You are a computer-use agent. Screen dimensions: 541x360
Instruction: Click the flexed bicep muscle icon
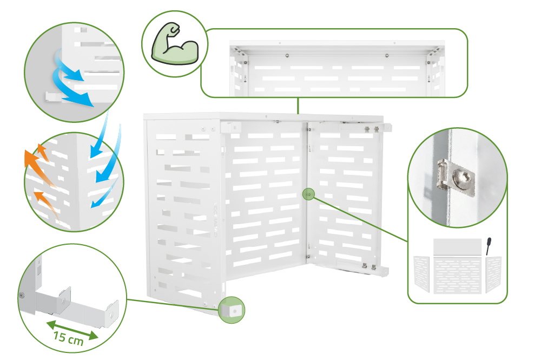[175, 44]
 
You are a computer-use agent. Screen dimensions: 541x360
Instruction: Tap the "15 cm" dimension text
[68, 338]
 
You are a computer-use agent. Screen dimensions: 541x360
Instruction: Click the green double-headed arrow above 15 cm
[72, 330]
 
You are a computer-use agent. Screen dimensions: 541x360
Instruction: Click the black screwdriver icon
[488, 246]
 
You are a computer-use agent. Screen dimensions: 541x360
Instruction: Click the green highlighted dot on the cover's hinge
[309, 194]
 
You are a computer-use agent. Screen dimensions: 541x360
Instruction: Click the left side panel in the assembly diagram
[421, 274]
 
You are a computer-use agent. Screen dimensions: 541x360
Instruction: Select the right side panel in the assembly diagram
[493, 274]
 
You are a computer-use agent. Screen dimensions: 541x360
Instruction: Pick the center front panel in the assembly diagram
[457, 275]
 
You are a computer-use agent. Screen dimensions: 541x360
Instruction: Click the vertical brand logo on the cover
[216, 219]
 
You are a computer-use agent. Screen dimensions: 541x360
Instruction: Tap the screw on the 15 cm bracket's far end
[110, 315]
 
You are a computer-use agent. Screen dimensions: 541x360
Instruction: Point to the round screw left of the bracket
[22, 296]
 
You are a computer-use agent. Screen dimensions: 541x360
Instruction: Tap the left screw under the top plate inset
[287, 55]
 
